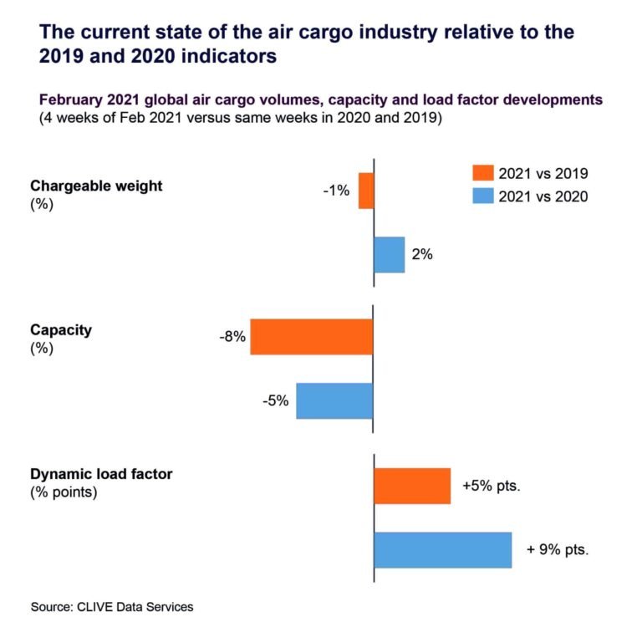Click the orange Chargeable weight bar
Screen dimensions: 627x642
coord(365,191)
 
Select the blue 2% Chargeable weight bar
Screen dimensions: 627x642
coord(389,254)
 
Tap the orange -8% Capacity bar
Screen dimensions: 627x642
coord(311,337)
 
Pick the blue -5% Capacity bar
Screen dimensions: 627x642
coord(334,400)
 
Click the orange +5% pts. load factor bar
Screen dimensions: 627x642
coord(412,486)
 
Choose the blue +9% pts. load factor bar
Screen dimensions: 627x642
coord(442,549)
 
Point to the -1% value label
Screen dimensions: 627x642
coord(335,191)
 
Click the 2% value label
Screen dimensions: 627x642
coord(422,254)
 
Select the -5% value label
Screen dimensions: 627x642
coord(275,400)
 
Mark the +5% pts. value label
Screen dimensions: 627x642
coord(492,486)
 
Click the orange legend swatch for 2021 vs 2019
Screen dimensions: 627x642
coord(482,173)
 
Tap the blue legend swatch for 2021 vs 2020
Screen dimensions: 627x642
coord(482,196)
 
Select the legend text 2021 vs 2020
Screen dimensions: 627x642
coord(543,196)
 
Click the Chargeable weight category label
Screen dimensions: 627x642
coord(96,186)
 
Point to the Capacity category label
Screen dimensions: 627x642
coord(61,330)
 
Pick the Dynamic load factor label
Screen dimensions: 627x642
coord(101,474)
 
